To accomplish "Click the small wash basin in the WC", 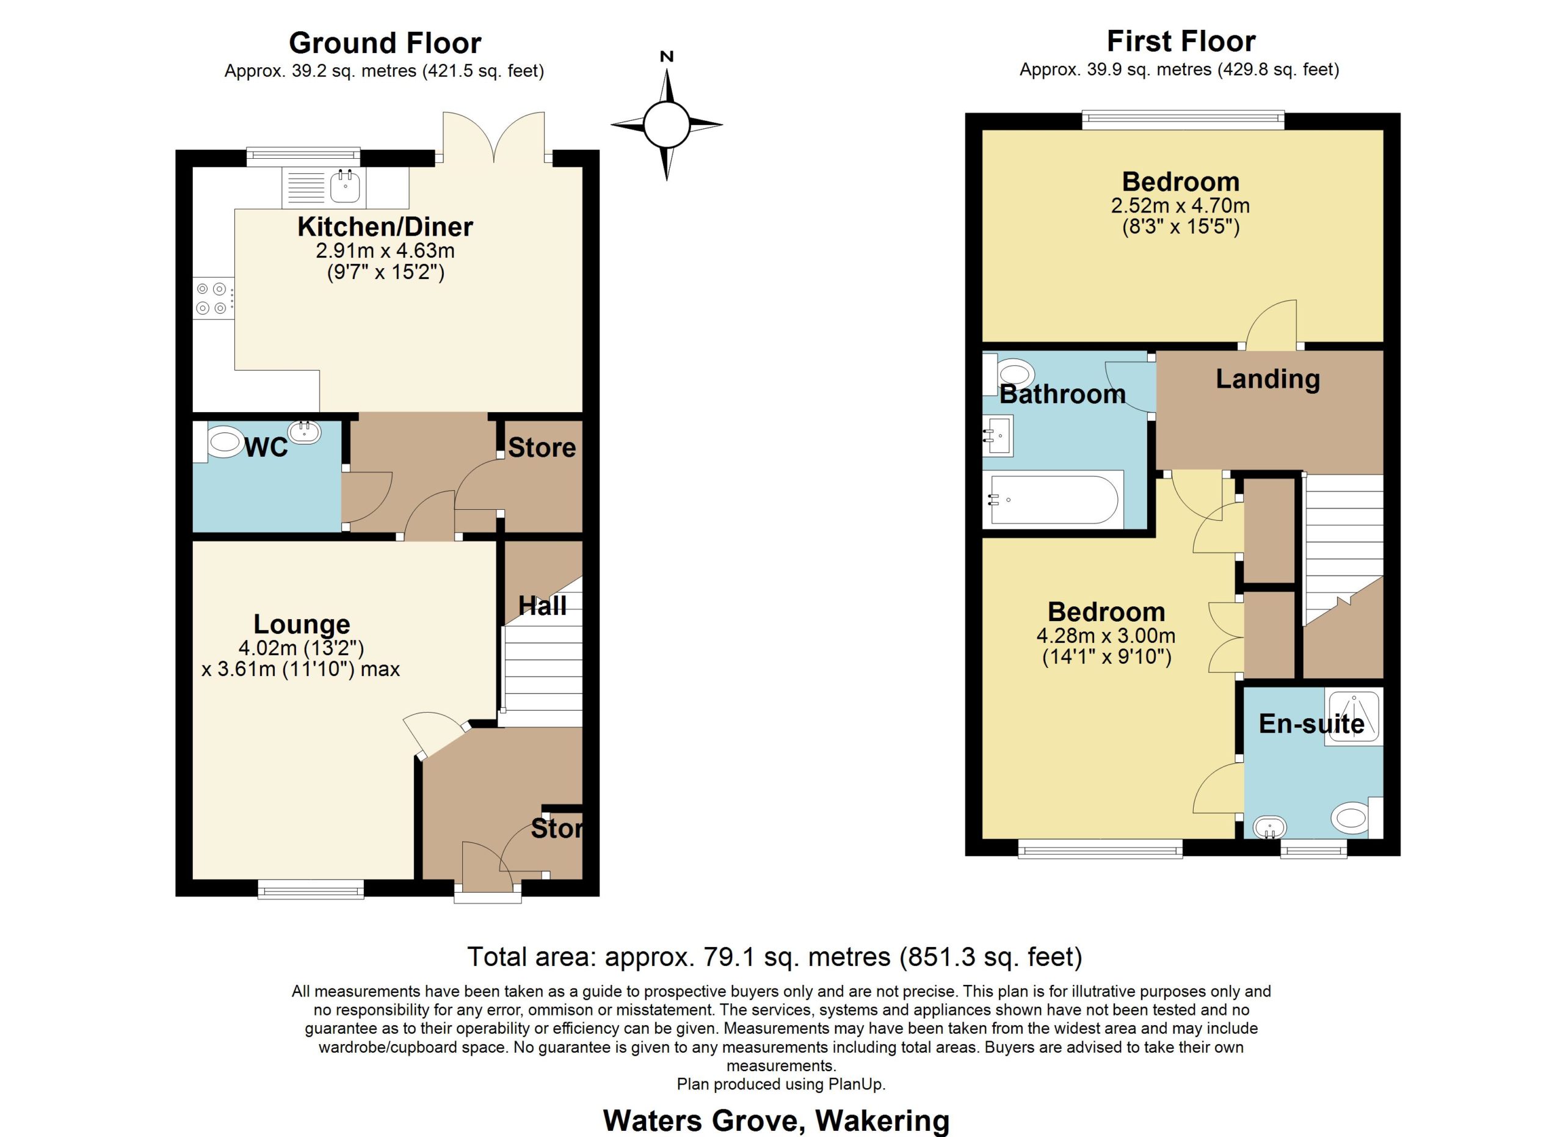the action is [x=305, y=432].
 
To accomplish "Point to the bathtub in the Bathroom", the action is [x=1053, y=499].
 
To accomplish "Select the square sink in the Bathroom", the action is [x=998, y=435].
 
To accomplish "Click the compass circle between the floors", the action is [x=666, y=125].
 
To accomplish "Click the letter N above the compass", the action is [x=666, y=57].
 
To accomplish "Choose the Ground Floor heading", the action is [x=385, y=43].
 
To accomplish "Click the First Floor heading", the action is [x=1181, y=42].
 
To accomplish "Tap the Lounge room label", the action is [x=302, y=624].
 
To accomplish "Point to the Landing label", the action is [x=1267, y=379].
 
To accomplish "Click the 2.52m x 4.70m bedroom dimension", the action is [x=1181, y=205].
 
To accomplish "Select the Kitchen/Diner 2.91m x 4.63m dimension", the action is [x=385, y=250].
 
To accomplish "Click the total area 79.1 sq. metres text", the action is [x=775, y=956].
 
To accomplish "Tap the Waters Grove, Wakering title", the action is [x=776, y=1121].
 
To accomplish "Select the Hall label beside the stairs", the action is [x=542, y=606].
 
